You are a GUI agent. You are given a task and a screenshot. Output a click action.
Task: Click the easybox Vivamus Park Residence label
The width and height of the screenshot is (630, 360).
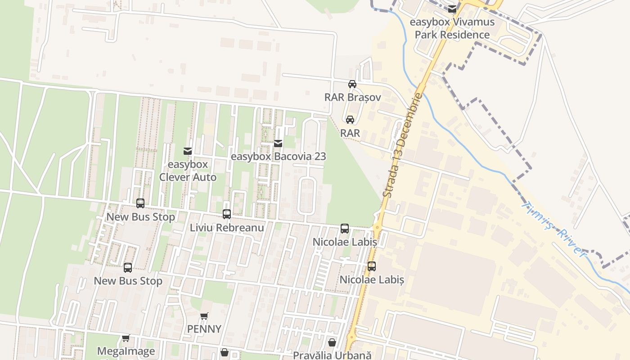452,28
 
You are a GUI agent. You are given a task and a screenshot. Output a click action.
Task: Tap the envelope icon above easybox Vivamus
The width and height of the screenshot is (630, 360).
452,9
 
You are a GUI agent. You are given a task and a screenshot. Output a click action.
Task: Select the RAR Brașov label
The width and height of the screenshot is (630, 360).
352,97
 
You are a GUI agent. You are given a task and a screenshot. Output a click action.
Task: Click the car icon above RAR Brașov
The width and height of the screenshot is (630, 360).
352,84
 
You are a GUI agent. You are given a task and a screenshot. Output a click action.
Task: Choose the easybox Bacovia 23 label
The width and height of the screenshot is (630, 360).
278,157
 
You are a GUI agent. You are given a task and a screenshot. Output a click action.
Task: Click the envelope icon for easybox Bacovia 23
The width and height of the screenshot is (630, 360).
278,144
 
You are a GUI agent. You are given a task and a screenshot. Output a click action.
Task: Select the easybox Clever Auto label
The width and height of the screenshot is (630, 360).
188,171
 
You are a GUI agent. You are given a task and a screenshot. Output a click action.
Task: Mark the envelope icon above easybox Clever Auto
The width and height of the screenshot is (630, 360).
188,151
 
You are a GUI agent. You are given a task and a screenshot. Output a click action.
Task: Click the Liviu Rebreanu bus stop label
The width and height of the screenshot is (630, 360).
227,227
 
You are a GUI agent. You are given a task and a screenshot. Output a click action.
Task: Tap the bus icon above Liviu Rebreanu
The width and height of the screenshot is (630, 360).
227,214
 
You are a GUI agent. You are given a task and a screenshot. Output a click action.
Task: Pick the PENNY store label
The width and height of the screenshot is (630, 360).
204,329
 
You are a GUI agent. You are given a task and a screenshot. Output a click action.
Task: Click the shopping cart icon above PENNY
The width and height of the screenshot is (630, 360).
204,316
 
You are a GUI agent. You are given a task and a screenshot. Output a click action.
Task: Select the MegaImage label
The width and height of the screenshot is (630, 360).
126,351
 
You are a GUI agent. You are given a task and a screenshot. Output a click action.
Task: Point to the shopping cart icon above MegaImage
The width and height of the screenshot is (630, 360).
126,338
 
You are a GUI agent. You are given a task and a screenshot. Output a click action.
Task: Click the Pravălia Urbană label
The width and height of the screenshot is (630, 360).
332,355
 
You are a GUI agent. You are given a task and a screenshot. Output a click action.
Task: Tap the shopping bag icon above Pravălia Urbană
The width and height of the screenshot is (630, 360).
332,342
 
